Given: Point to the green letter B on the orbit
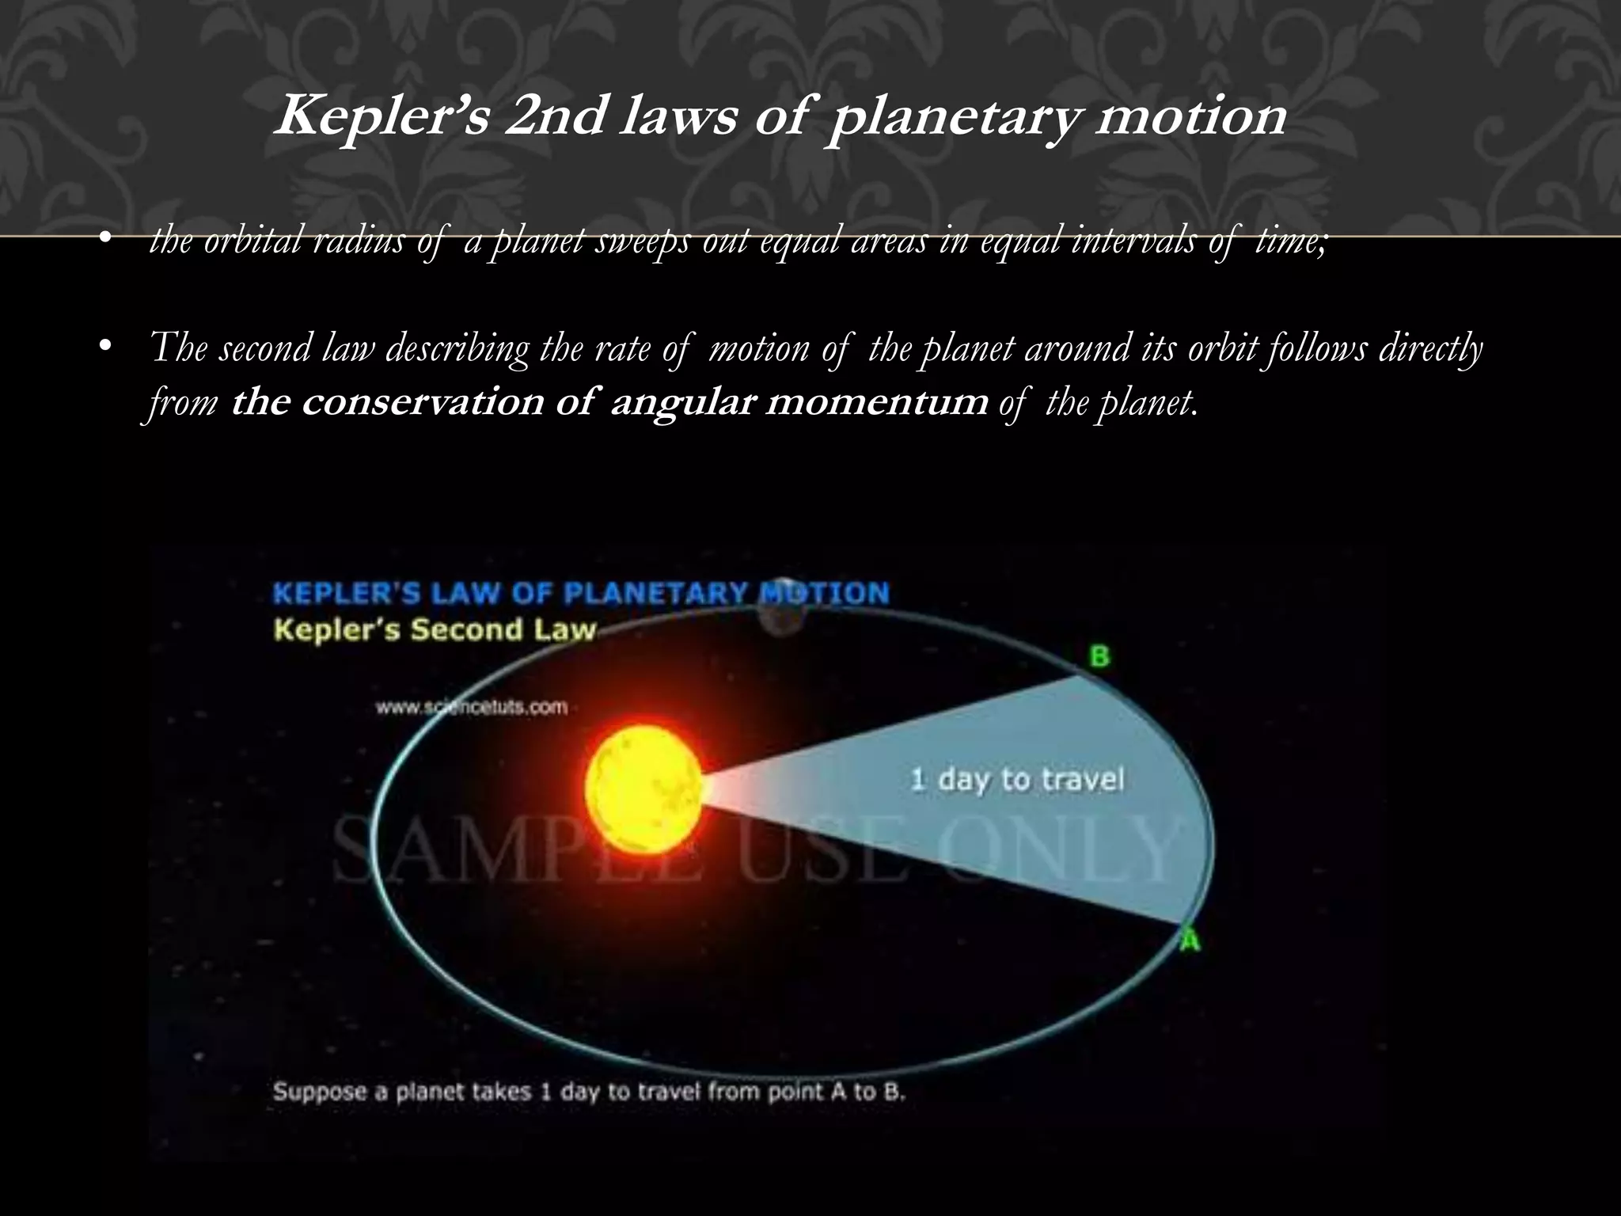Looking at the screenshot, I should point(1099,656).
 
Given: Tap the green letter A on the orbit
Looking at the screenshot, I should point(1190,941).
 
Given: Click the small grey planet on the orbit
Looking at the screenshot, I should point(782,606).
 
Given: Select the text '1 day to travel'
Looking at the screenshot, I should point(1017,779).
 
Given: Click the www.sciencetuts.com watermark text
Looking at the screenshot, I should point(472,707).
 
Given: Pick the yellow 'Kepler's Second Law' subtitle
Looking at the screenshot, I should point(434,630).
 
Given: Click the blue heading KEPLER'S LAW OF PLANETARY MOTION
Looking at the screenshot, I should point(581,594).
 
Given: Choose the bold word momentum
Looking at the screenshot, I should point(877,402).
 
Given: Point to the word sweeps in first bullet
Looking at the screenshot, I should point(644,240).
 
